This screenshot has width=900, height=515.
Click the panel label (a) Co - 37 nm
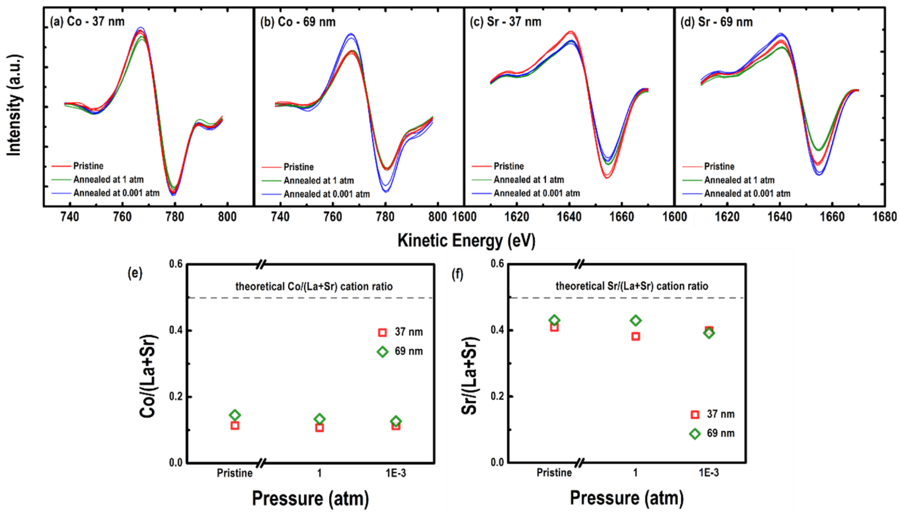87,22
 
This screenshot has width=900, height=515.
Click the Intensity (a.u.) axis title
14,105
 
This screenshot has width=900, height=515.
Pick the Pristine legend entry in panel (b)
298,167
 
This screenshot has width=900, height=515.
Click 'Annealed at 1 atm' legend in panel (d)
739,180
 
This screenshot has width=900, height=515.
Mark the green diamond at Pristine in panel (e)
235,415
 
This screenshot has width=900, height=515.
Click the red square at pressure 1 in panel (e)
319,428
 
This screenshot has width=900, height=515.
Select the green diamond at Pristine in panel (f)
554,320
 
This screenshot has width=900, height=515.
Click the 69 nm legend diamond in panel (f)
695,434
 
